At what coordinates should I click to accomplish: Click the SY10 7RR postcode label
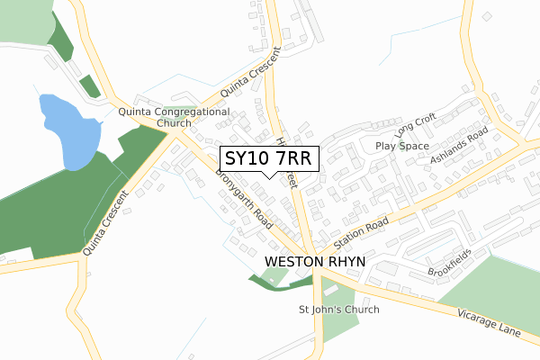pyautogui.click(x=268, y=158)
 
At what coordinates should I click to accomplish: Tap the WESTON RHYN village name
pyautogui.click(x=312, y=262)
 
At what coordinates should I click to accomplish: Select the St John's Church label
pyautogui.click(x=339, y=310)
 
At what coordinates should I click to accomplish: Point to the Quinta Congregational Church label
pyautogui.click(x=175, y=118)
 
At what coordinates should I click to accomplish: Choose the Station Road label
pyautogui.click(x=360, y=233)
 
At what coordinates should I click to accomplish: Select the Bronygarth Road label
pyautogui.click(x=244, y=202)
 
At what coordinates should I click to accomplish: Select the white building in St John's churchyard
pyautogui.click(x=329, y=290)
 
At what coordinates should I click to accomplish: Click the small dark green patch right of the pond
pyautogui.click(x=89, y=86)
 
